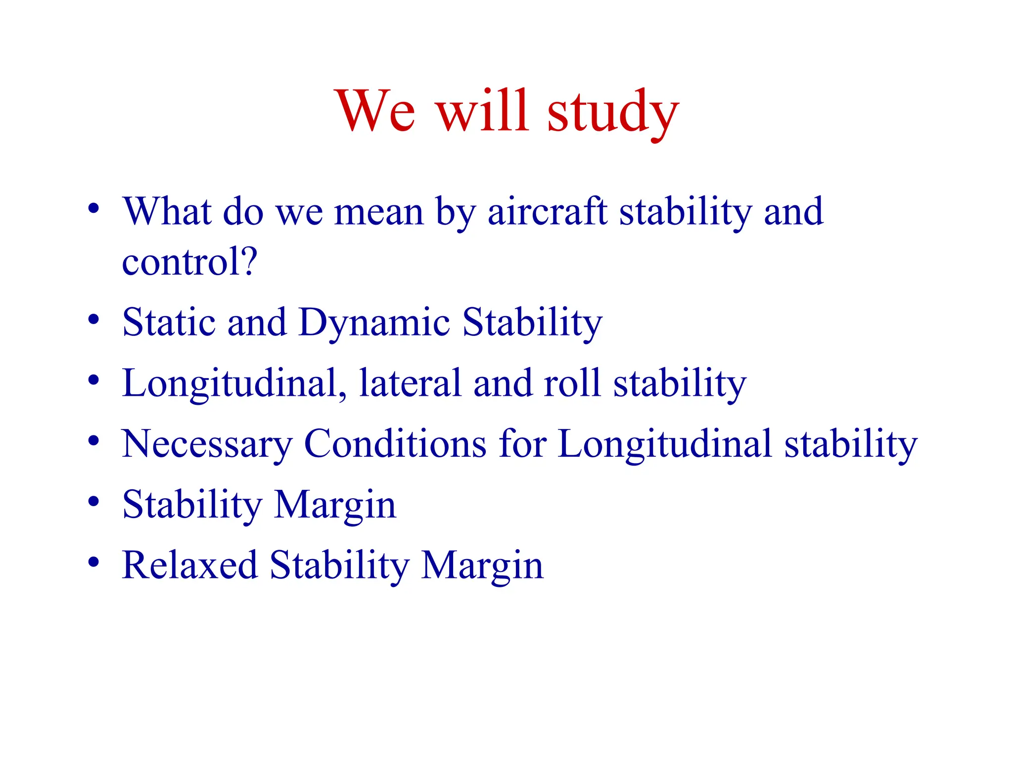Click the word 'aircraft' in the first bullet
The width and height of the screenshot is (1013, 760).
coord(547,212)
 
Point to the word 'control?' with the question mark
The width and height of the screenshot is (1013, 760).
coord(189,262)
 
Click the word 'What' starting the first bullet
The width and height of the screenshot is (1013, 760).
coord(167,212)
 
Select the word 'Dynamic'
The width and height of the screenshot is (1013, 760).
coord(374,323)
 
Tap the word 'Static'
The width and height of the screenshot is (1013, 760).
coord(169,323)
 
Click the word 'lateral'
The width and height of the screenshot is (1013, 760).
coord(410,383)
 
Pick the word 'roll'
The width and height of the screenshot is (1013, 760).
coord(572,383)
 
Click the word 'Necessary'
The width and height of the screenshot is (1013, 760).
coord(207,444)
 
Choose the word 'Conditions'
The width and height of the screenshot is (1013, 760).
coord(395,444)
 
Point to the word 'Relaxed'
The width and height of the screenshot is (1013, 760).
coord(189,565)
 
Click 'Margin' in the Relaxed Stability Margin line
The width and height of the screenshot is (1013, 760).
coord(482,566)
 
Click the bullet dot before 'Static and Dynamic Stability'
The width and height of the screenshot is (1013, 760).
coord(93,319)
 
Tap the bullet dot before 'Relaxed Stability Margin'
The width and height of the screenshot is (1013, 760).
coord(93,562)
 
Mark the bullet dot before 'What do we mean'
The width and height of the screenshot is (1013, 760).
coord(93,208)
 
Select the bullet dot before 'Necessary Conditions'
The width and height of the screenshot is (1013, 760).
coord(93,440)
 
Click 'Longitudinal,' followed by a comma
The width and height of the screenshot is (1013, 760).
coord(234,384)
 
